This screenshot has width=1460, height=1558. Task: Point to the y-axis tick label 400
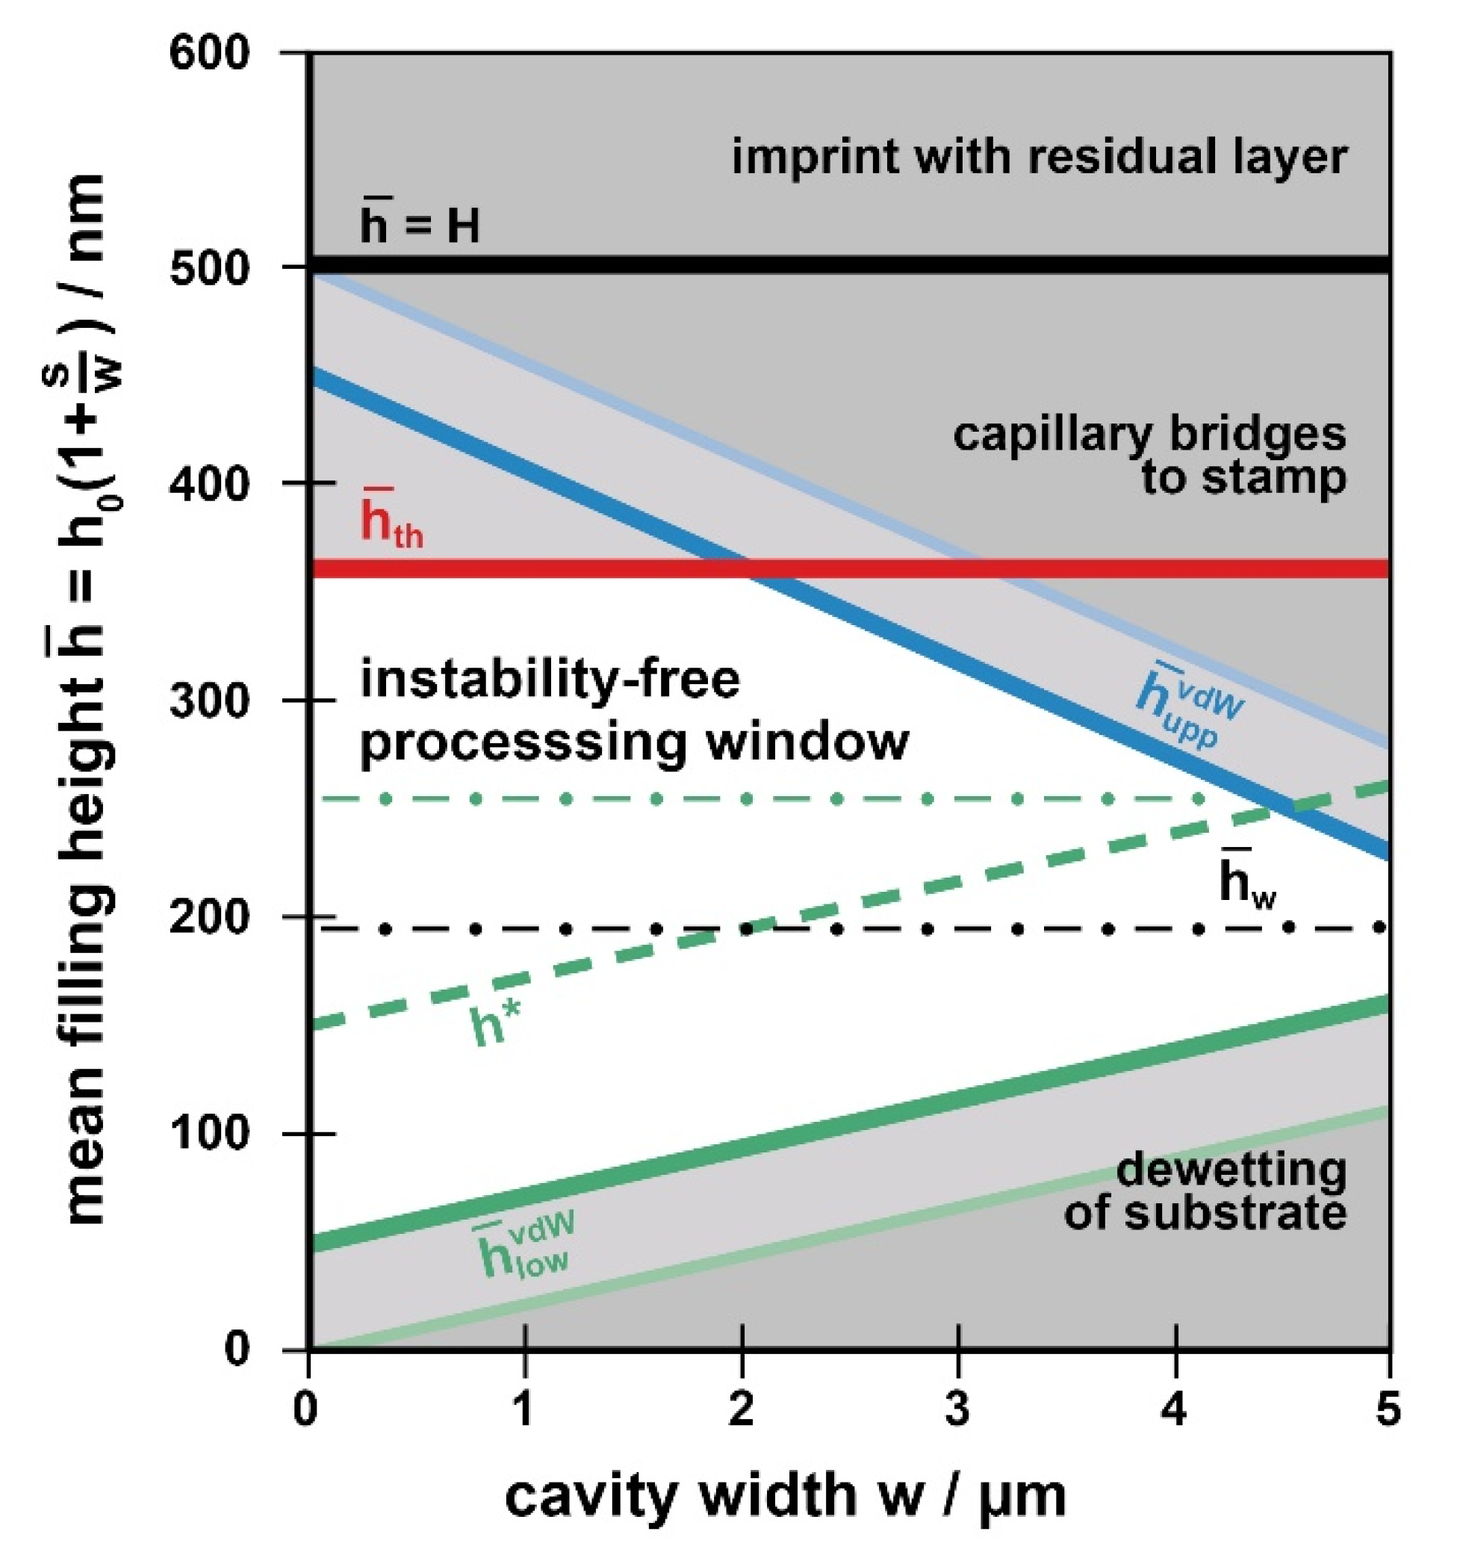click(208, 484)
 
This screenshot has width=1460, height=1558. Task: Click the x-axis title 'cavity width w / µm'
click(784, 1496)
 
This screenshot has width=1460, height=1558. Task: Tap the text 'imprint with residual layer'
click(1039, 156)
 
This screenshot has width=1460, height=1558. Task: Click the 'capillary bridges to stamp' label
click(1149, 456)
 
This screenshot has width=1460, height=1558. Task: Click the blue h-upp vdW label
click(1188, 707)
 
